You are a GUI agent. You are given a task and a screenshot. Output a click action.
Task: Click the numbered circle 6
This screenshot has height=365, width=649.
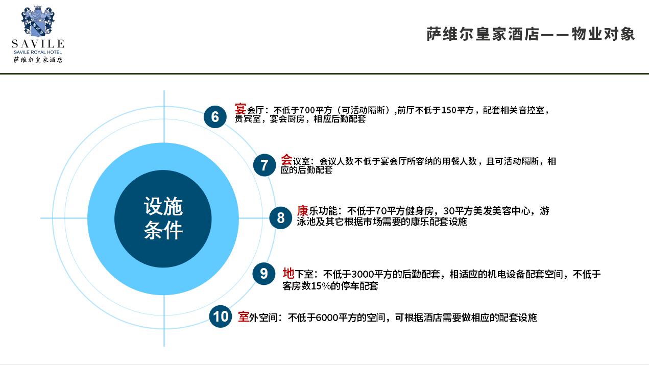(x=215, y=117)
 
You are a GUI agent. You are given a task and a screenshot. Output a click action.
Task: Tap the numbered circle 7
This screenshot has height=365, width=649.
(x=264, y=165)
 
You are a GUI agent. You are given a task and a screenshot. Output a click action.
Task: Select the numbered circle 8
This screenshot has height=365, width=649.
(x=280, y=218)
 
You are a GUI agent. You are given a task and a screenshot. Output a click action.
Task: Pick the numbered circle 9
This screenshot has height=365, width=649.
(x=263, y=274)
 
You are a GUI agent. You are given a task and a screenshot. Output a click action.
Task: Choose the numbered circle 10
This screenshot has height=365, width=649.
(x=221, y=317)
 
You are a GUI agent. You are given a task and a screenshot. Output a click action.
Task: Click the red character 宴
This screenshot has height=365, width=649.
(x=241, y=109)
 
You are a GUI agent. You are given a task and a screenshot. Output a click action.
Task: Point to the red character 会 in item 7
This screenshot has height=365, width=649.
(x=286, y=160)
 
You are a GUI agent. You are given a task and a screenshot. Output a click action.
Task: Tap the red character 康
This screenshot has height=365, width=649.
(x=302, y=211)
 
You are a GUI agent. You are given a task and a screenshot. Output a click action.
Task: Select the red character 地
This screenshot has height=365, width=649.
(x=289, y=273)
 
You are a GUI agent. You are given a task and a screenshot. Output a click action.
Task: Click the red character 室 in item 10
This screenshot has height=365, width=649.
(x=244, y=317)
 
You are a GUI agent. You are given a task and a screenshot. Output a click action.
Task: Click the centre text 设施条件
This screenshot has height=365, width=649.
(x=163, y=218)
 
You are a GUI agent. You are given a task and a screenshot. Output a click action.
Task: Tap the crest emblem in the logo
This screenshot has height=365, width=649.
(x=38, y=21)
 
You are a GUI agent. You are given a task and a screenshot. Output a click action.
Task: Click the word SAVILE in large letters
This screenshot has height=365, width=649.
(x=38, y=44)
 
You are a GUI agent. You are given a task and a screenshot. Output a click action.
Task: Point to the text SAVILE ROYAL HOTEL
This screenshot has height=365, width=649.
(x=38, y=52)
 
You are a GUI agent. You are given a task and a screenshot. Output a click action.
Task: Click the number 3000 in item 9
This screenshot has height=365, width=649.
(x=363, y=274)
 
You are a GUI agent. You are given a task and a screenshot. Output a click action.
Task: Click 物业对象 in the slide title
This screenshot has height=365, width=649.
(x=603, y=34)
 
